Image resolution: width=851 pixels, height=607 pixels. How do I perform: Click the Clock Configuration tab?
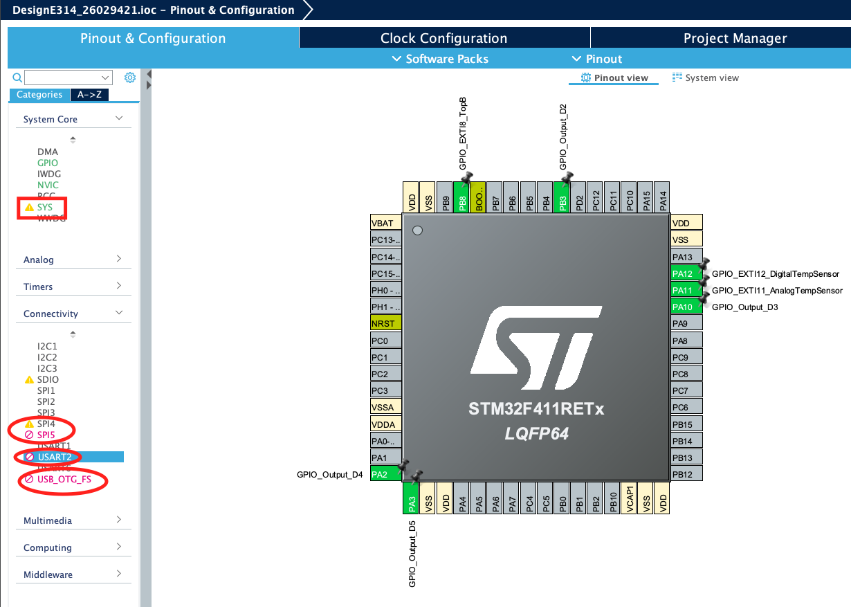click(443, 38)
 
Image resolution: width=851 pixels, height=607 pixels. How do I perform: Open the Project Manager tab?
click(735, 38)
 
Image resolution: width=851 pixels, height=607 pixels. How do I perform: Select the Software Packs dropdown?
click(440, 59)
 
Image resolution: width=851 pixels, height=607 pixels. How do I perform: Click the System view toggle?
click(706, 78)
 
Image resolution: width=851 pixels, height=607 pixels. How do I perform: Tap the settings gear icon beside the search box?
click(129, 78)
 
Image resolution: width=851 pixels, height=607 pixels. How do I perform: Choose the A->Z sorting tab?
click(89, 95)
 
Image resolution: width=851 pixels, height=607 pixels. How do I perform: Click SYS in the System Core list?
click(45, 207)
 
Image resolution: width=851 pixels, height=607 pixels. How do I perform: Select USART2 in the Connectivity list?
click(55, 457)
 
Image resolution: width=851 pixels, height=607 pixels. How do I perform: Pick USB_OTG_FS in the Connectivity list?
click(64, 479)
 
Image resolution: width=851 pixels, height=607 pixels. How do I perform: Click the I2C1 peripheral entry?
click(47, 346)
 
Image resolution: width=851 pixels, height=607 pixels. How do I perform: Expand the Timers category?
click(73, 287)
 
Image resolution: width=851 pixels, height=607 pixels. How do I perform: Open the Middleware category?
click(73, 574)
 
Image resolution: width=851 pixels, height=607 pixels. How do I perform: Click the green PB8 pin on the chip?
click(461, 197)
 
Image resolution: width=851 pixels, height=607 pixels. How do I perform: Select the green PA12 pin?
click(686, 273)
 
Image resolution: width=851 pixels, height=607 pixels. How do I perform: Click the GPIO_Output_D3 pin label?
click(744, 307)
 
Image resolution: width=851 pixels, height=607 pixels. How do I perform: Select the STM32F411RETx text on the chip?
click(536, 410)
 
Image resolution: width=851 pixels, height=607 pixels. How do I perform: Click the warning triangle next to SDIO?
click(29, 379)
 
